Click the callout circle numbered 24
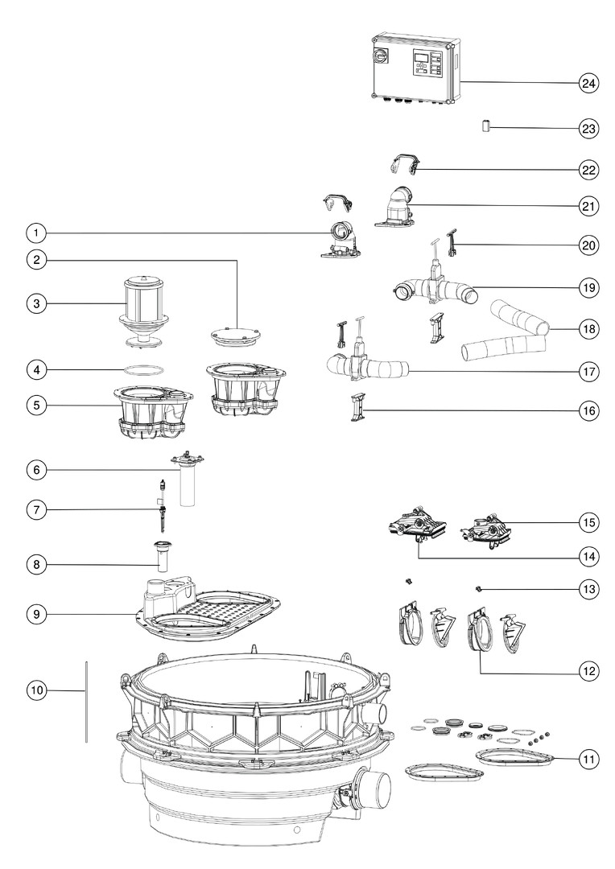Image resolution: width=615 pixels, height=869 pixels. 588,84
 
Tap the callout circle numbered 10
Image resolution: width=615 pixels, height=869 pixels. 36,690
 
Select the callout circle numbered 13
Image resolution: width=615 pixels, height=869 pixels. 588,589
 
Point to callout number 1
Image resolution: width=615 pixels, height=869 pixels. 36,233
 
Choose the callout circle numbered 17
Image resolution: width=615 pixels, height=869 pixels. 588,371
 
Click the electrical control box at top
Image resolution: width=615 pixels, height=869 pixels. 416,68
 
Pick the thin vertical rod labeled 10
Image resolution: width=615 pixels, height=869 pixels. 86,701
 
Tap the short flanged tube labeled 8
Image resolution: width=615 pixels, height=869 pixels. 163,556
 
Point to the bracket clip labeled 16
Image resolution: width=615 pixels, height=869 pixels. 357,407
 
